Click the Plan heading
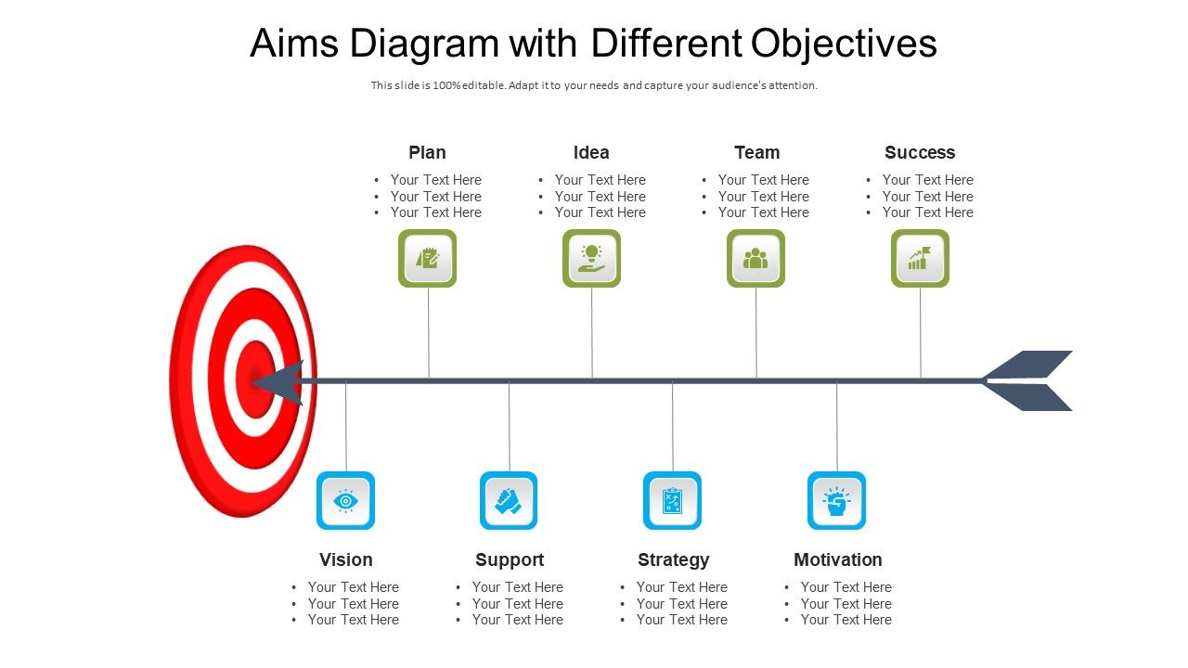coord(427,152)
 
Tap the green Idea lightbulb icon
coord(591,258)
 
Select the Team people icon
coord(755,258)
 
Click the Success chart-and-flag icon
coord(920,258)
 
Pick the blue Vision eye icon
coord(345,501)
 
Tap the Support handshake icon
coord(509,501)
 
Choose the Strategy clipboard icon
coord(672,501)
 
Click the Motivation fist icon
coord(836,501)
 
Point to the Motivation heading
coord(837,559)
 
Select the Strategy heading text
coord(673,559)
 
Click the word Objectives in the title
coord(844,44)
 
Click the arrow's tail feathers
coord(1030,380)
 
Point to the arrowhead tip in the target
coord(260,380)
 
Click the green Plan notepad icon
coord(427,258)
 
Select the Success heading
coord(919,152)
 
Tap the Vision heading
coord(345,559)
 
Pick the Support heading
coord(509,559)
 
